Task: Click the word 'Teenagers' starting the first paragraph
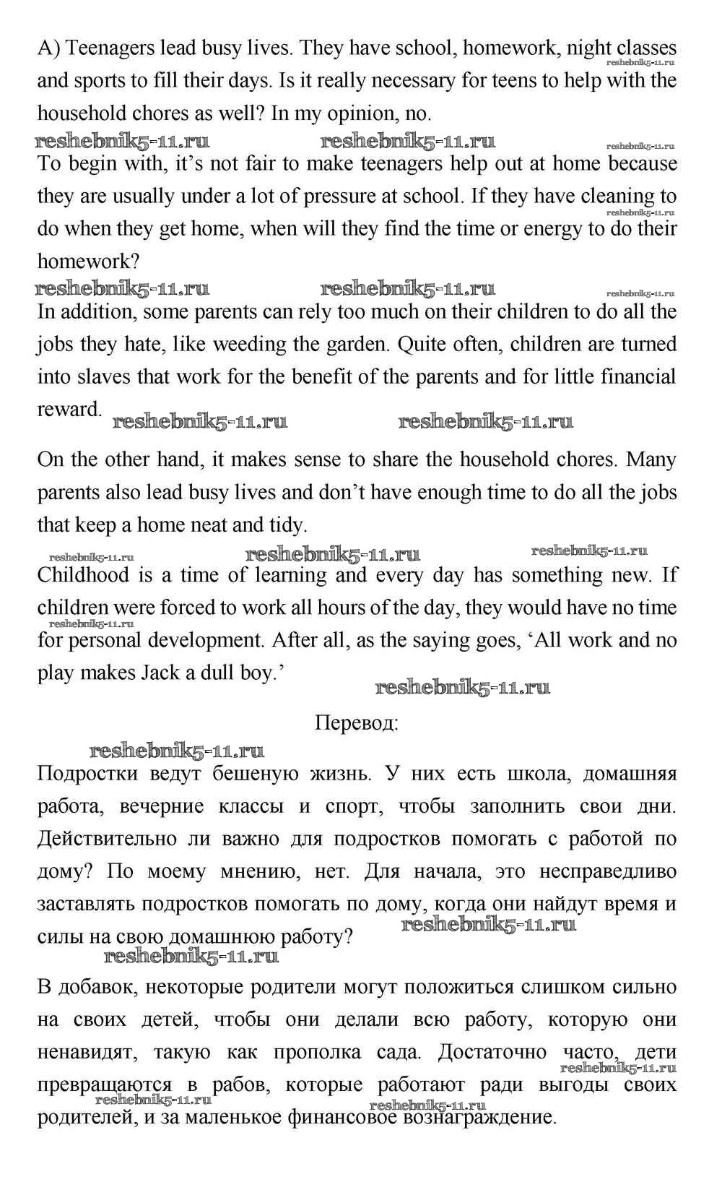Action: [112, 48]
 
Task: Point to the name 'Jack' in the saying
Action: [159, 673]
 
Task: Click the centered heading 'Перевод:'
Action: [357, 723]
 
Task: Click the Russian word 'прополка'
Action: [317, 1052]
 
